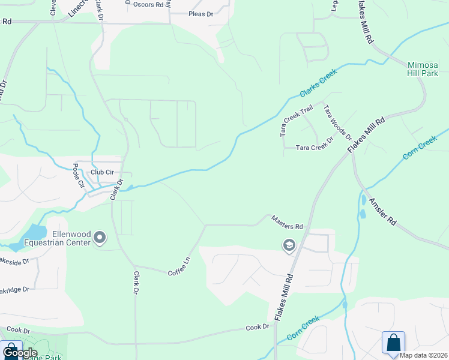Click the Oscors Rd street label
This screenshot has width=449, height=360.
pos(148,5)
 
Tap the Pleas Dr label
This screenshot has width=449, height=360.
pos(201,14)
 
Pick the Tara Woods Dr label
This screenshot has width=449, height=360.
pos(338,122)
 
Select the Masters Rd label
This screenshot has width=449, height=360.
pos(287,223)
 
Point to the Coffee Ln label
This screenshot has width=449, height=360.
pos(179,266)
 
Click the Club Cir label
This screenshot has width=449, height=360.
pos(101,172)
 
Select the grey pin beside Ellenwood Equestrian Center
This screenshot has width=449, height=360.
pos(100,239)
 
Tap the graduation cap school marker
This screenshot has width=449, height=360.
pos(289,245)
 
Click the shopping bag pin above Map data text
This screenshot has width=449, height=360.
pos(393,343)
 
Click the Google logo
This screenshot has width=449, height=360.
pos(19,353)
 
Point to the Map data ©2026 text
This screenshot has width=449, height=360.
pos(424,355)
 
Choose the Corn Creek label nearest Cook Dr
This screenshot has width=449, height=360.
pos(303,329)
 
